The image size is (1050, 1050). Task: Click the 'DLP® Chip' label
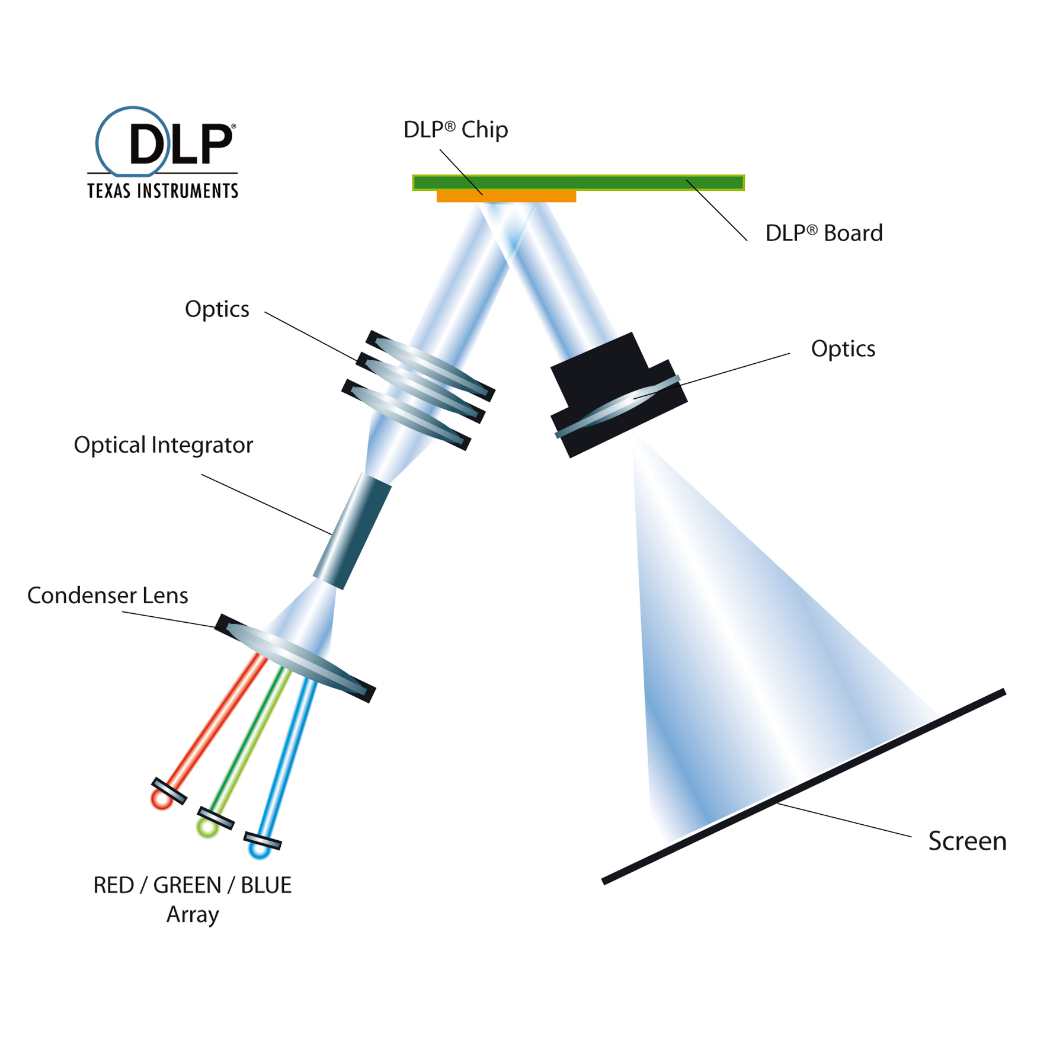tap(455, 130)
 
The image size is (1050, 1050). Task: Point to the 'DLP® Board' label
tap(823, 233)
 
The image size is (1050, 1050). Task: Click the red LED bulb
tap(161, 799)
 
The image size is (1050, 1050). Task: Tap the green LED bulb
tap(207, 827)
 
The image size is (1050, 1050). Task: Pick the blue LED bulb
tap(259, 850)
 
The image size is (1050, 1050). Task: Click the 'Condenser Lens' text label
tap(107, 596)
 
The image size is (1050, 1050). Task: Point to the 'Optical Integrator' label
tap(163, 445)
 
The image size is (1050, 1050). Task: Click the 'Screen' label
tap(967, 841)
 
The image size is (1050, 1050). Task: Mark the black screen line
tap(803, 787)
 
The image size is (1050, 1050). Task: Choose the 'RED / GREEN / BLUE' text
tap(192, 885)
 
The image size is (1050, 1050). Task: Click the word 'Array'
tap(193, 914)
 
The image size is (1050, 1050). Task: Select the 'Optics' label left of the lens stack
tap(217, 309)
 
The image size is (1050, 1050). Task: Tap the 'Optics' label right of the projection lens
tap(843, 349)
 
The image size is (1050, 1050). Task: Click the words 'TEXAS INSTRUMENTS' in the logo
tap(162, 191)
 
